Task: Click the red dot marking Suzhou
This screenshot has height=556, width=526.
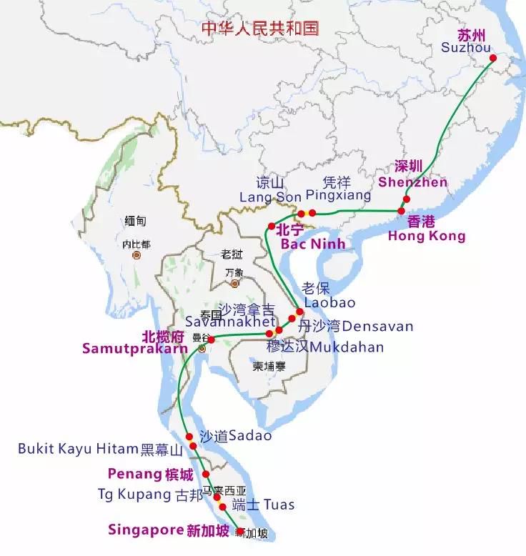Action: (x=492, y=59)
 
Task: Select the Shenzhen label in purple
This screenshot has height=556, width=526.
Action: (x=412, y=182)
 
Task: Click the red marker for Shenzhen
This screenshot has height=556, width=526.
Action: (x=406, y=199)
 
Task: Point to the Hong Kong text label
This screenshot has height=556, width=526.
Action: (x=426, y=236)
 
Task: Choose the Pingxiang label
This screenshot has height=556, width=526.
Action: (x=338, y=195)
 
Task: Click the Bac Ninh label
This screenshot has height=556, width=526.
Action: (x=312, y=244)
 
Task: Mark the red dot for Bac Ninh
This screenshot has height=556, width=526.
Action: (x=272, y=227)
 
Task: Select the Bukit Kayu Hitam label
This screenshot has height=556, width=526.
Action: (x=77, y=449)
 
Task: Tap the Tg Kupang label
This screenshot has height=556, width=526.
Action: (x=134, y=494)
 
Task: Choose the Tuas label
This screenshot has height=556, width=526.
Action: (x=278, y=505)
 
